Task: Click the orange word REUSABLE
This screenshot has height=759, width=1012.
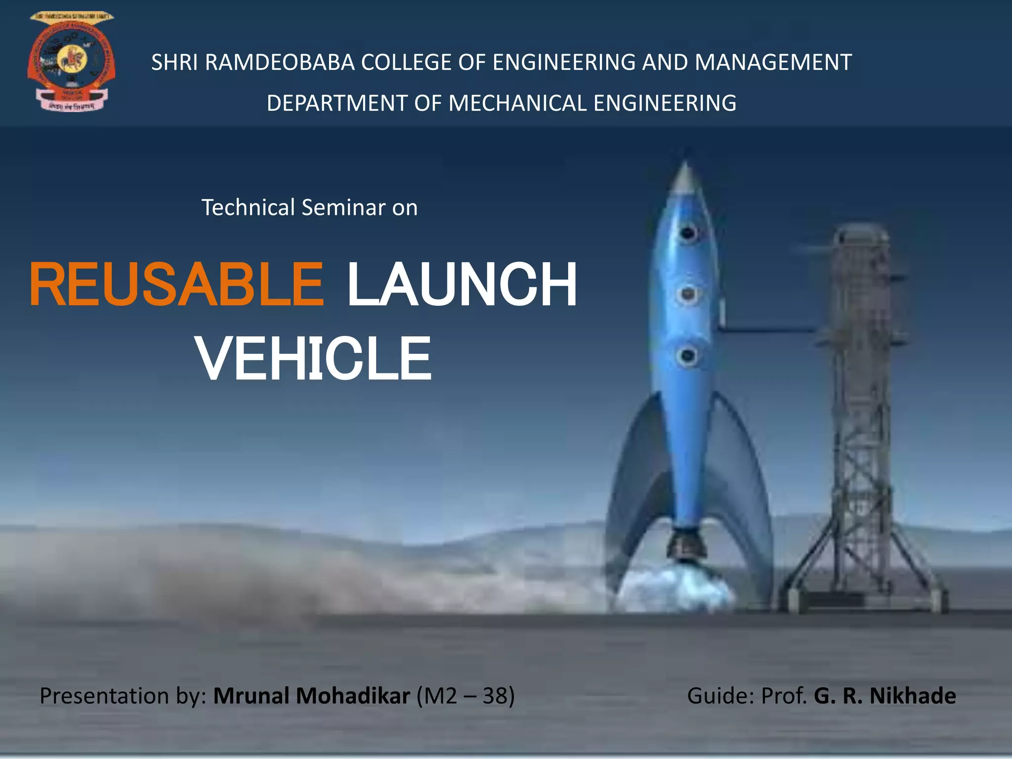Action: (x=176, y=286)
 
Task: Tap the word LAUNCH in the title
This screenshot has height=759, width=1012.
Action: (x=462, y=286)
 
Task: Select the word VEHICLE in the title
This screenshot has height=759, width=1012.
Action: (x=314, y=359)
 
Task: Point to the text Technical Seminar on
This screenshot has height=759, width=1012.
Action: (x=309, y=208)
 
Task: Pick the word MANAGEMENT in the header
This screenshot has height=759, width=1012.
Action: (x=773, y=63)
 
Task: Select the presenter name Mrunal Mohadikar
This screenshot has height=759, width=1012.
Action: (x=311, y=696)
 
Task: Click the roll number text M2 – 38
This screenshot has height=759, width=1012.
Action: (x=465, y=696)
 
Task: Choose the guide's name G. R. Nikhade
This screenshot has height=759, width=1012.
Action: (x=885, y=696)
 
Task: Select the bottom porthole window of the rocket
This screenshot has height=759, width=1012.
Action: (x=687, y=355)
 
